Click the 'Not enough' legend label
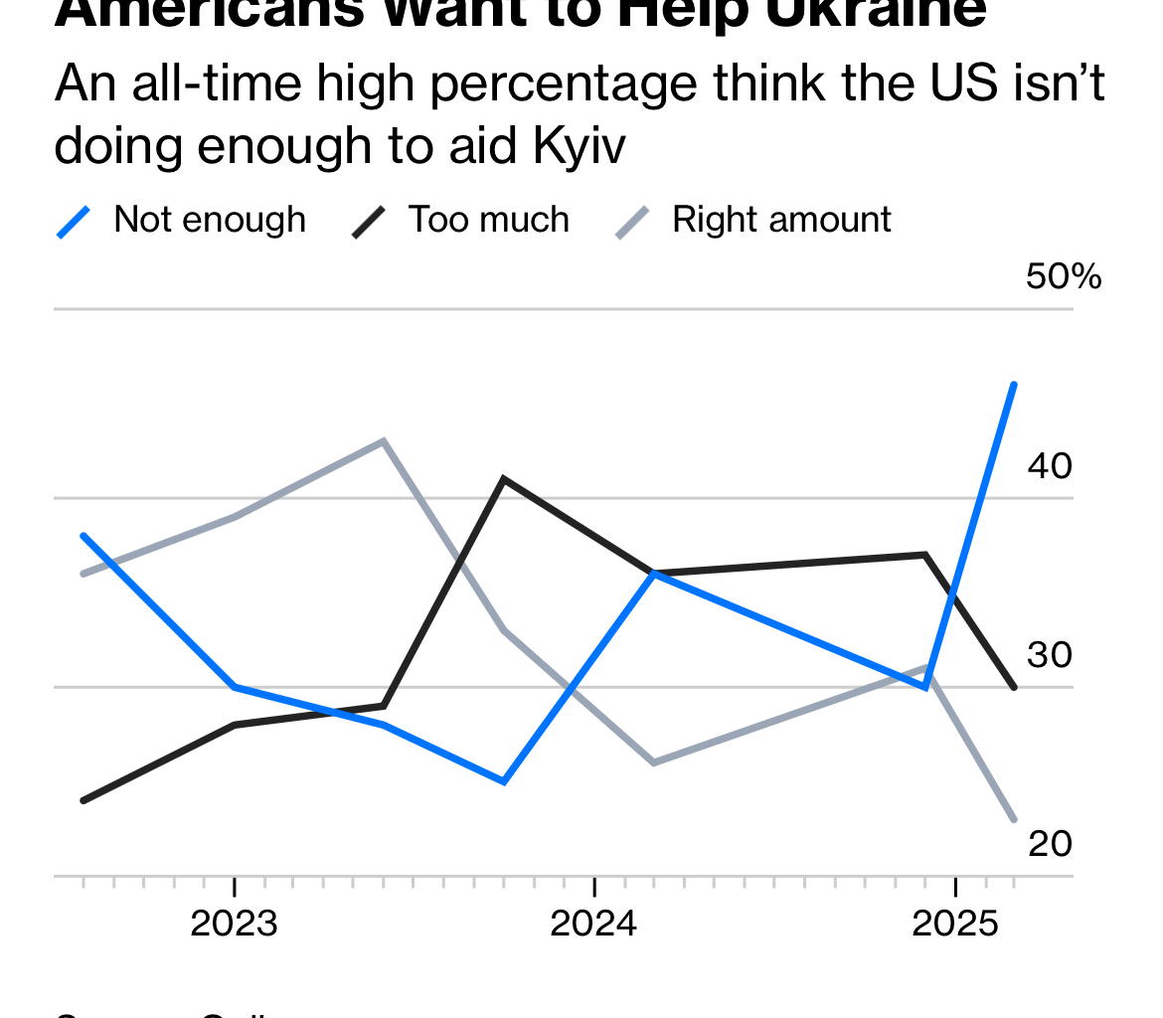(210, 220)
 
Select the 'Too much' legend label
(489, 220)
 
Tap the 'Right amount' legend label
(781, 220)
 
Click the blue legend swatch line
(75, 221)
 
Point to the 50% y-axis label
(1063, 277)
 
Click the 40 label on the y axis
(1050, 465)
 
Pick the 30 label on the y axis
(1050, 654)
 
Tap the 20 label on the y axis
(1050, 843)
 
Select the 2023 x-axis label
(234, 925)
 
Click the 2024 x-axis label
(593, 925)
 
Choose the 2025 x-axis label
(954, 925)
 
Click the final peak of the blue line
(1014, 384)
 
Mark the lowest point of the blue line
(505, 782)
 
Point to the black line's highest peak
(505, 479)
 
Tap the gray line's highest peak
(384, 440)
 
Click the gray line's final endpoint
(1014, 820)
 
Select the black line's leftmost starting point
(83, 800)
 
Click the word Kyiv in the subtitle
(580, 147)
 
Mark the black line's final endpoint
(1014, 687)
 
